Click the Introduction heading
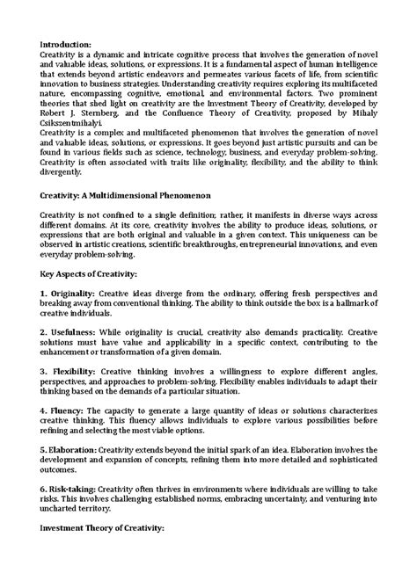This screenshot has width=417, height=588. pyautogui.click(x=67, y=43)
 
